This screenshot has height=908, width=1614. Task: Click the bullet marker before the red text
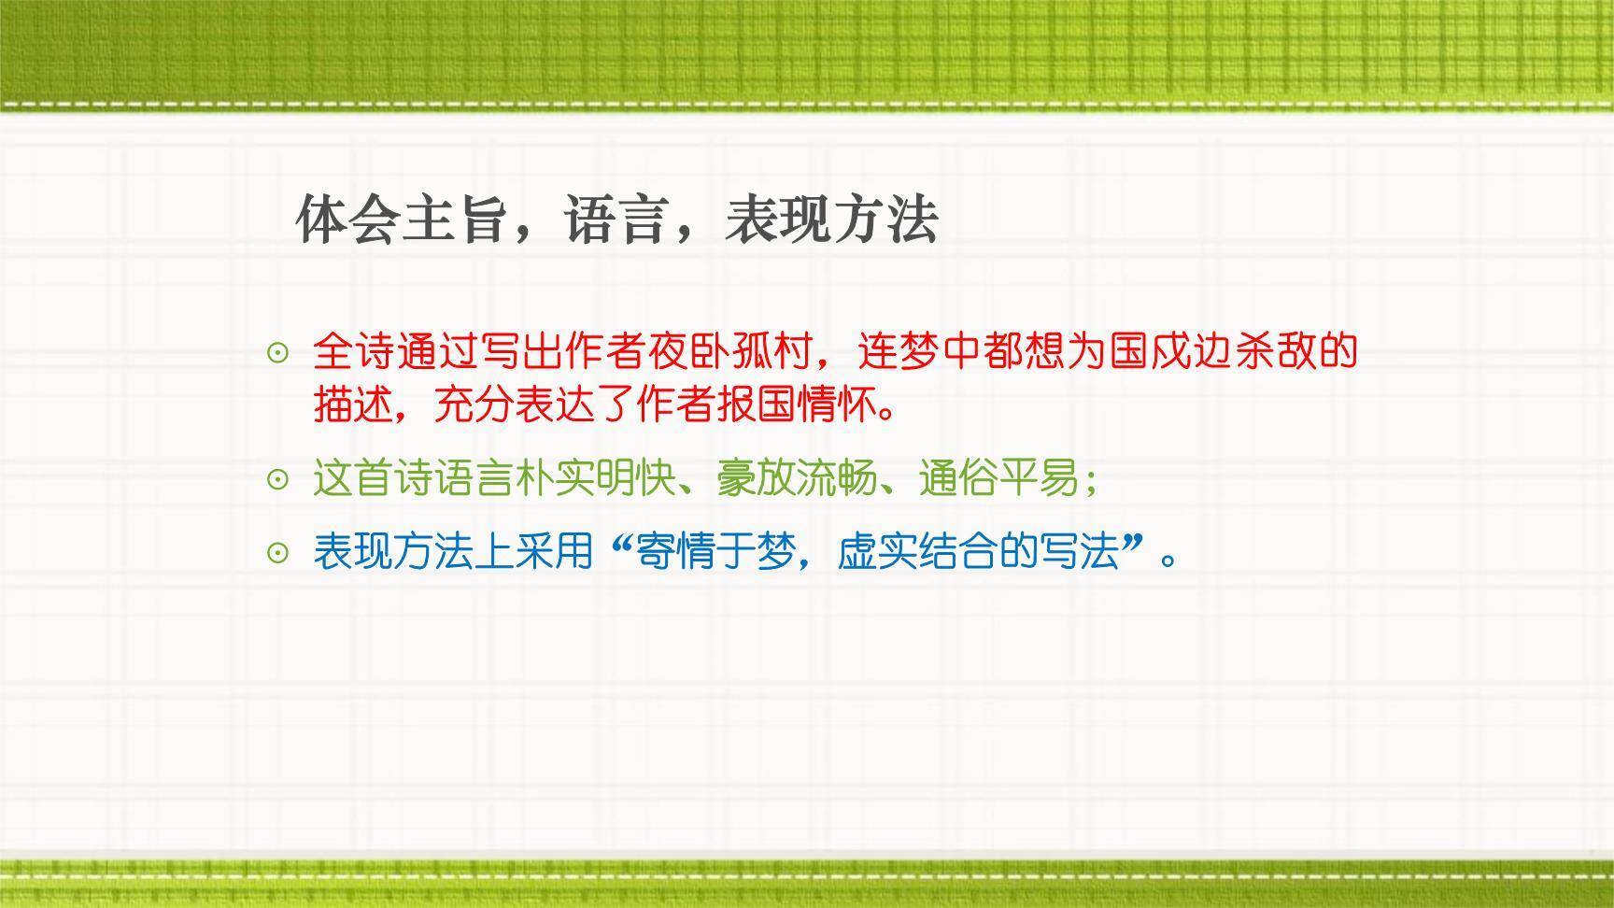(277, 353)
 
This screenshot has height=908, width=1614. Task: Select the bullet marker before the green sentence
(277, 480)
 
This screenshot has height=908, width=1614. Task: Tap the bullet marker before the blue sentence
(277, 553)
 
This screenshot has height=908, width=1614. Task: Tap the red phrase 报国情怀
(798, 405)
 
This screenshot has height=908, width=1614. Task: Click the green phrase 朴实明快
(596, 479)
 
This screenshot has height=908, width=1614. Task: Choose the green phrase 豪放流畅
(798, 479)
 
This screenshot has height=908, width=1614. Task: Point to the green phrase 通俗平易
(998, 479)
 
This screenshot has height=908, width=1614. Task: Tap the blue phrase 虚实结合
(917, 552)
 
